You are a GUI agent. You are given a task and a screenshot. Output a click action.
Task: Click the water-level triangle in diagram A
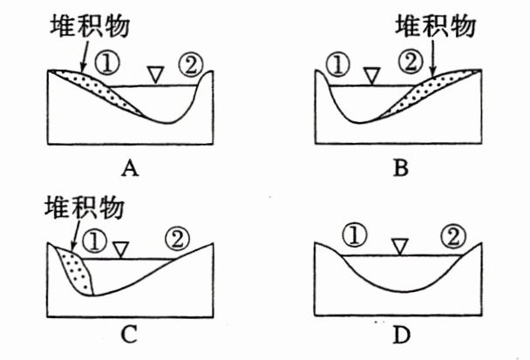tap(154, 75)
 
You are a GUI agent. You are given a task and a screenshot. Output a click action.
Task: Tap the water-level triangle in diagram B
tap(371, 76)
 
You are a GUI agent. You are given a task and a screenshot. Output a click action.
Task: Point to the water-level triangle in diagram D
tap(399, 247)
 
